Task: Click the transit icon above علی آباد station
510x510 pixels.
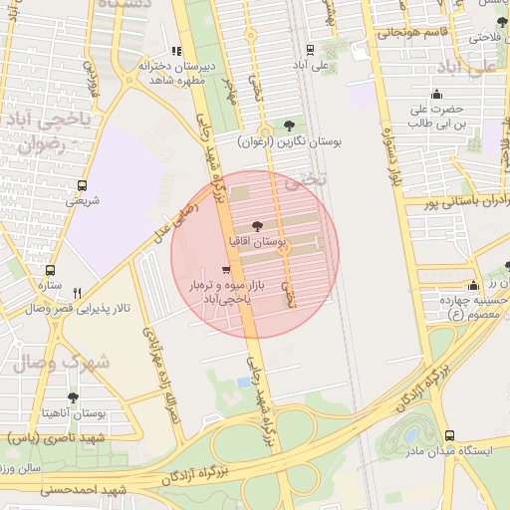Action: click(x=310, y=49)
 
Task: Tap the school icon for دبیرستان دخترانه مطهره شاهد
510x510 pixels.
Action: click(x=176, y=51)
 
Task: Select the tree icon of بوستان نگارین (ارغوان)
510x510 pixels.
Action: click(x=289, y=126)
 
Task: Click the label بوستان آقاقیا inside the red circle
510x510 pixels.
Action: click(x=257, y=242)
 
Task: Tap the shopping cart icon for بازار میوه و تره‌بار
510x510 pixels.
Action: click(x=227, y=270)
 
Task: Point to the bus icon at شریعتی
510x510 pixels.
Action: click(x=82, y=185)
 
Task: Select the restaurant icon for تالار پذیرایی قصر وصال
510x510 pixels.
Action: click(x=77, y=293)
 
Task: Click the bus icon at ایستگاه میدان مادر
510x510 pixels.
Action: click(x=449, y=435)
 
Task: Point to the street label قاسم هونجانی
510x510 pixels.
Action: click(x=405, y=32)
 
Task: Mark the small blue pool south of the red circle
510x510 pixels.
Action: click(x=244, y=382)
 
